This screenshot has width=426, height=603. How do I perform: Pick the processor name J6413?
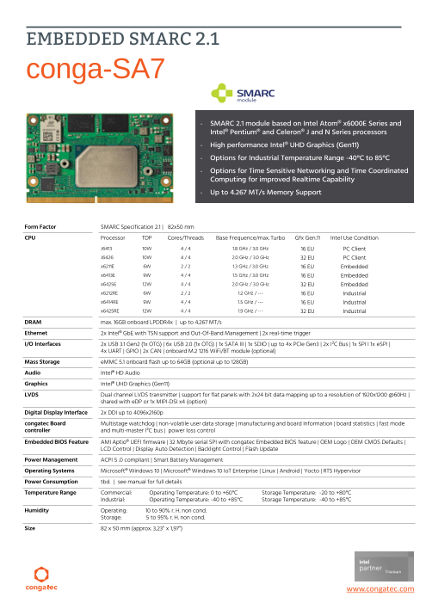tap(106, 248)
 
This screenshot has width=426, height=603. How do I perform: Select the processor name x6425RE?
tap(109, 311)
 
